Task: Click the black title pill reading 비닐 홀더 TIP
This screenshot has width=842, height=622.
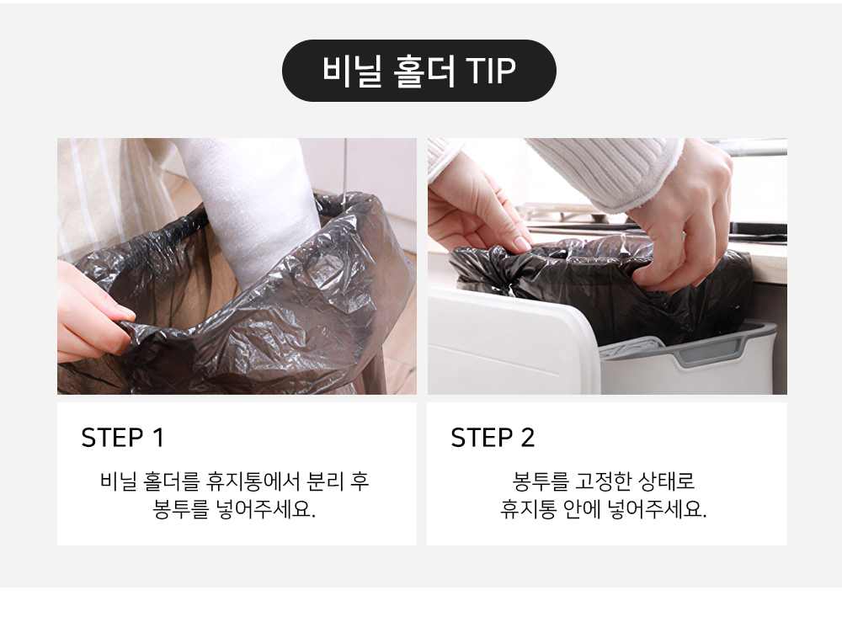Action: [x=418, y=71]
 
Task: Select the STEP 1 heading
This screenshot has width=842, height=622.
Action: [x=122, y=438]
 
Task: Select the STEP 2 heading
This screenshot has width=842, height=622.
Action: [x=493, y=438]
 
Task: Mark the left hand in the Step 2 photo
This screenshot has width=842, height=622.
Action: [x=476, y=206]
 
